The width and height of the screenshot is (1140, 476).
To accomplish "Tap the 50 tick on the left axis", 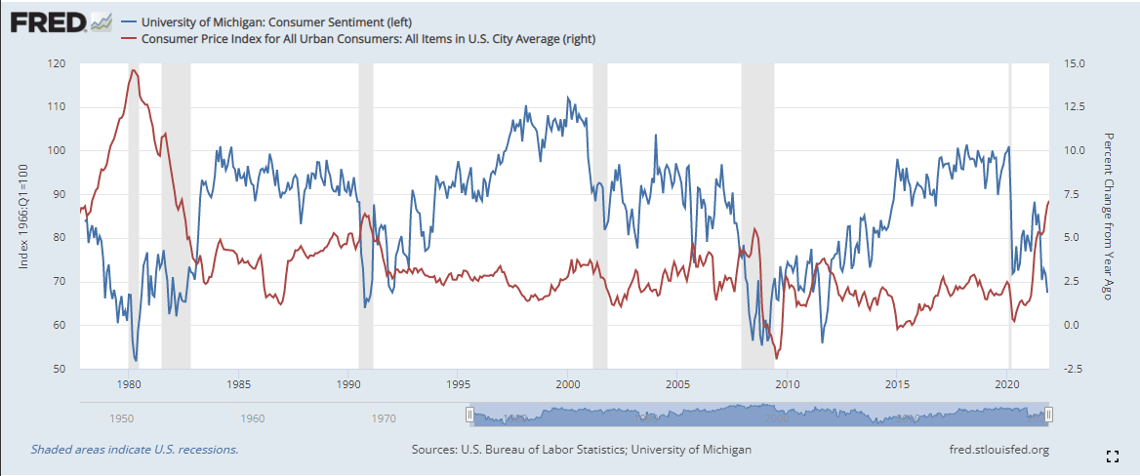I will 59,369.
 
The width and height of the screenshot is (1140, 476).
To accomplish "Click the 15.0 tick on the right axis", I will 1074,63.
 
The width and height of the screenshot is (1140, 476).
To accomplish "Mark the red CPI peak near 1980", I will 132,70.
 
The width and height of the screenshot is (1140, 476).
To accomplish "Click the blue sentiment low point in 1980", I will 136,360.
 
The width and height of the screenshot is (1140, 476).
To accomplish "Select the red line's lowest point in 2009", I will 776,358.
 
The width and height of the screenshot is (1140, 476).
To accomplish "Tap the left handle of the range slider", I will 469,415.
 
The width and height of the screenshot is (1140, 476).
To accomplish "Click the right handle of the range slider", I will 1048,415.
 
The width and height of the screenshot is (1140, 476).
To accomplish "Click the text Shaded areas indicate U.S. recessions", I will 135,450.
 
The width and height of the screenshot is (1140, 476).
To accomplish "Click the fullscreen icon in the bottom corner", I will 1112,456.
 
